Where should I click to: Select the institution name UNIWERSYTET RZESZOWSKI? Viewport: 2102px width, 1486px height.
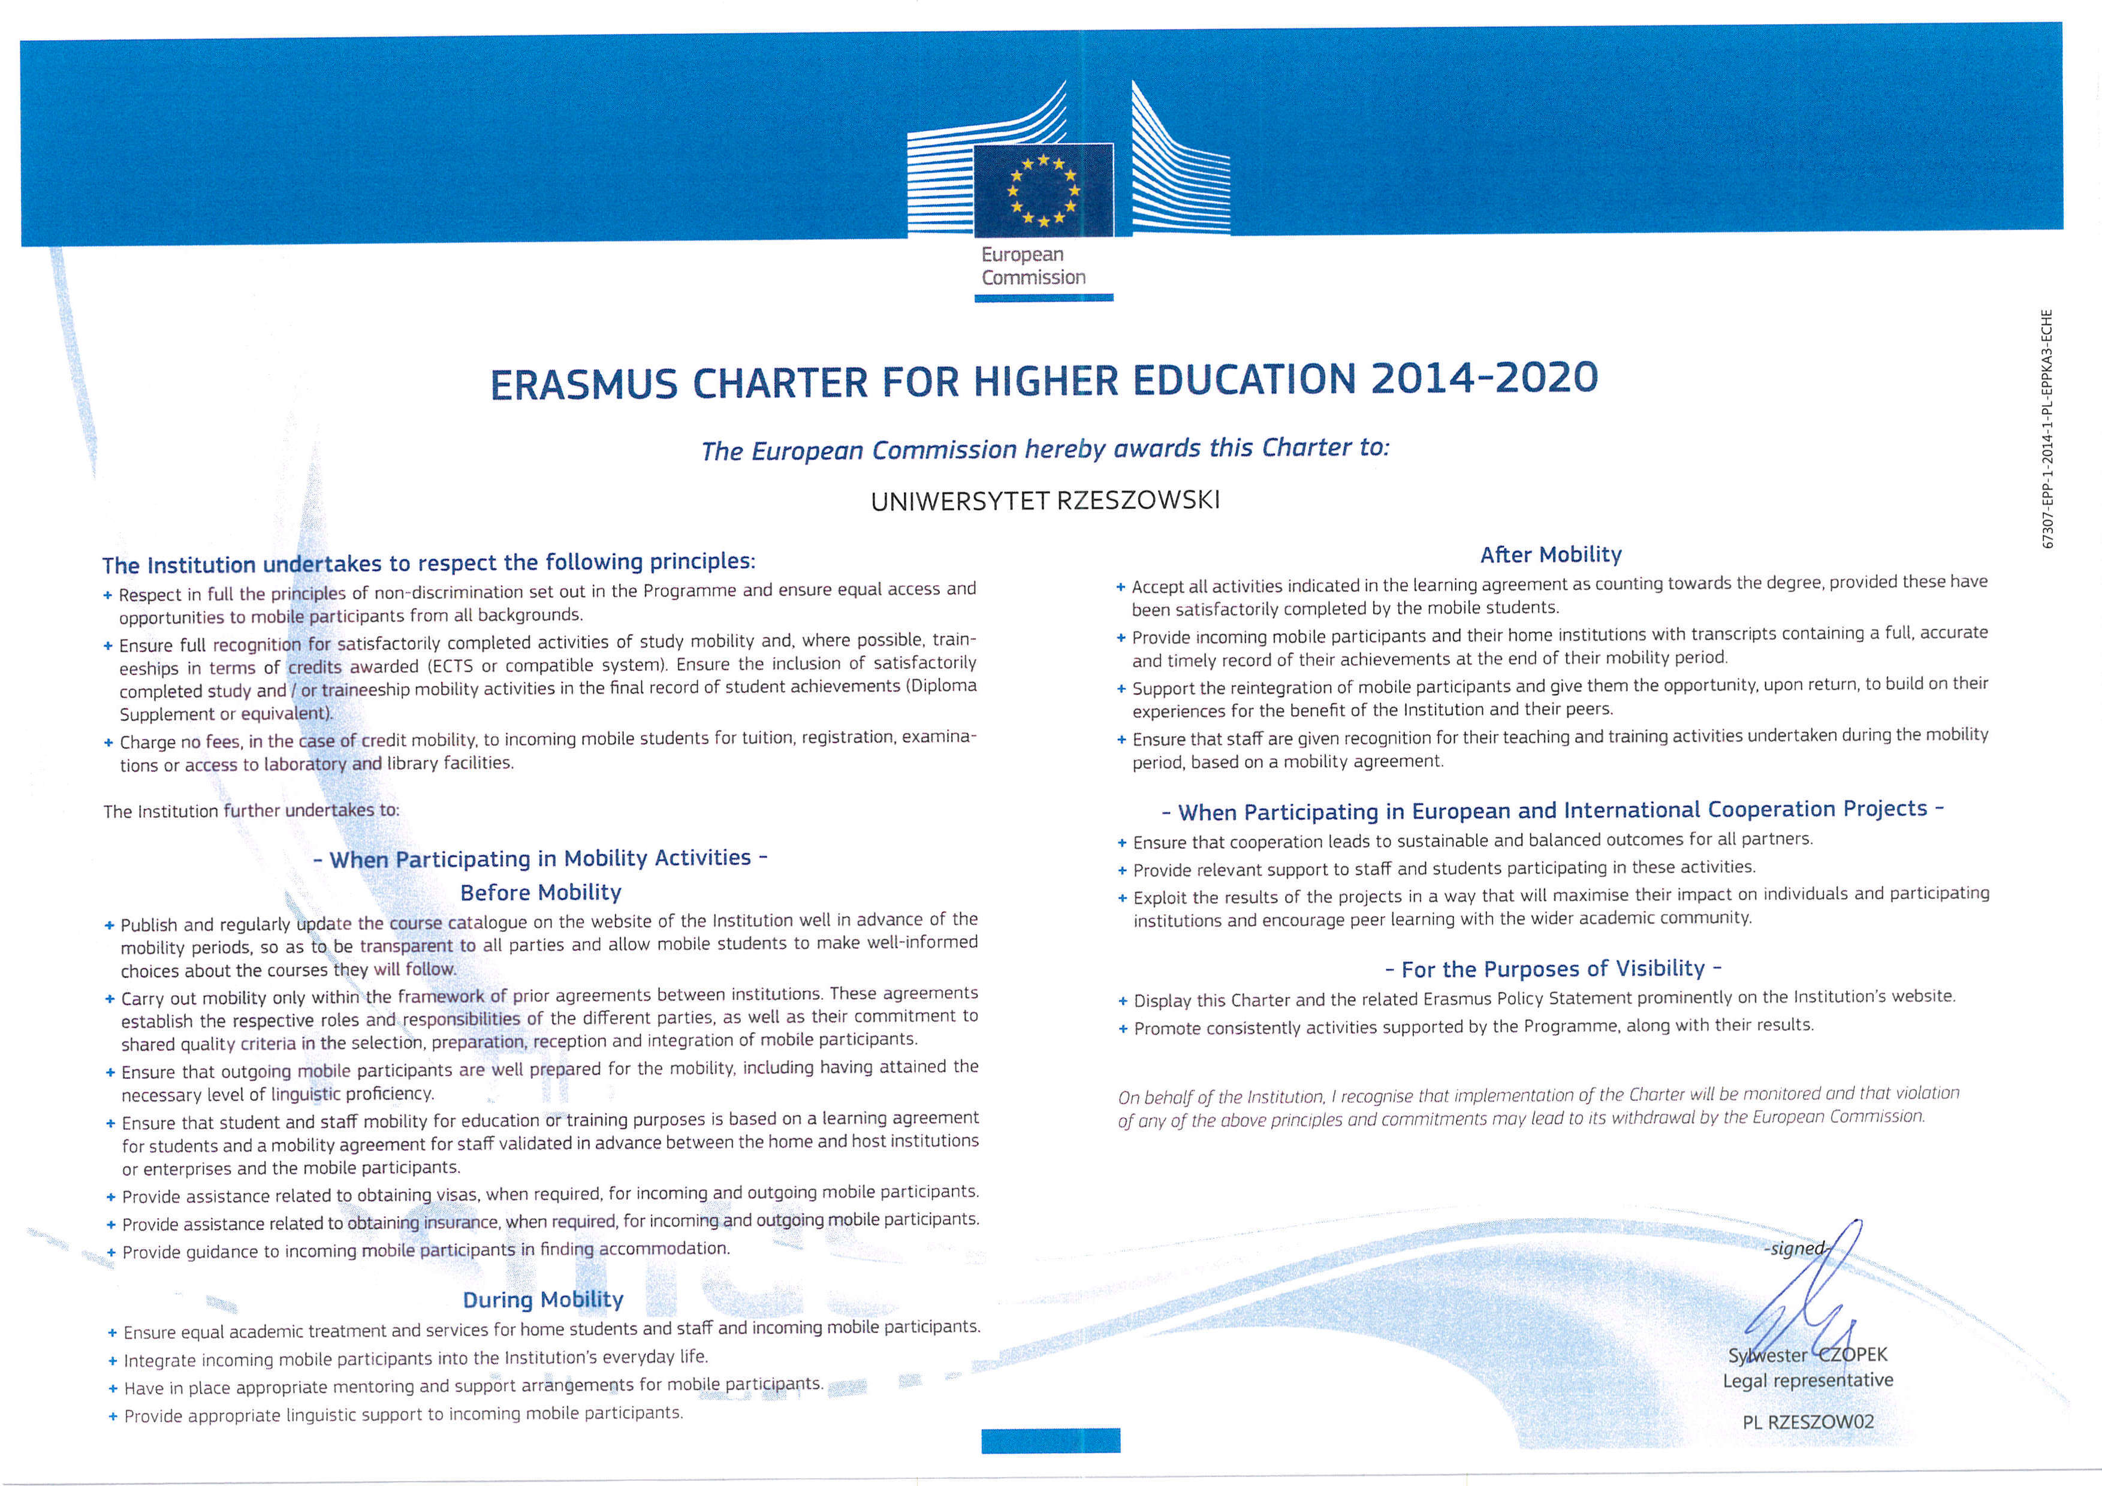click(1045, 501)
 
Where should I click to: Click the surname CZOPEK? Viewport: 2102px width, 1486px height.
click(1852, 1354)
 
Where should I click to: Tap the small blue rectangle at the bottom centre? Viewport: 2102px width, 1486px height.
click(1050, 1440)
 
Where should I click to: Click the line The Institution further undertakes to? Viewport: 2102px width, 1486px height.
click(251, 811)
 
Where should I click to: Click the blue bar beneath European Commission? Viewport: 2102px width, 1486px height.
click(1043, 297)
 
